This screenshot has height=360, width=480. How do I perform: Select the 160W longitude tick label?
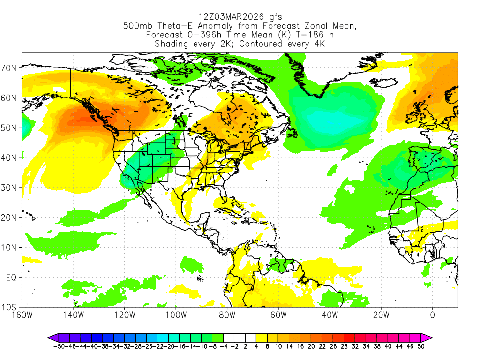point(22,315)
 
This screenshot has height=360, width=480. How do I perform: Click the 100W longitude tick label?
point(176,315)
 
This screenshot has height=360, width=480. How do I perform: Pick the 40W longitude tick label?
point(330,315)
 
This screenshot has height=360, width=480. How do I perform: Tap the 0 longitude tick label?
point(432,315)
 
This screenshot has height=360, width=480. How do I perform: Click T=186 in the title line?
point(307,35)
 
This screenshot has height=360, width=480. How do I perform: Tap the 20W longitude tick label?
point(381,315)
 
